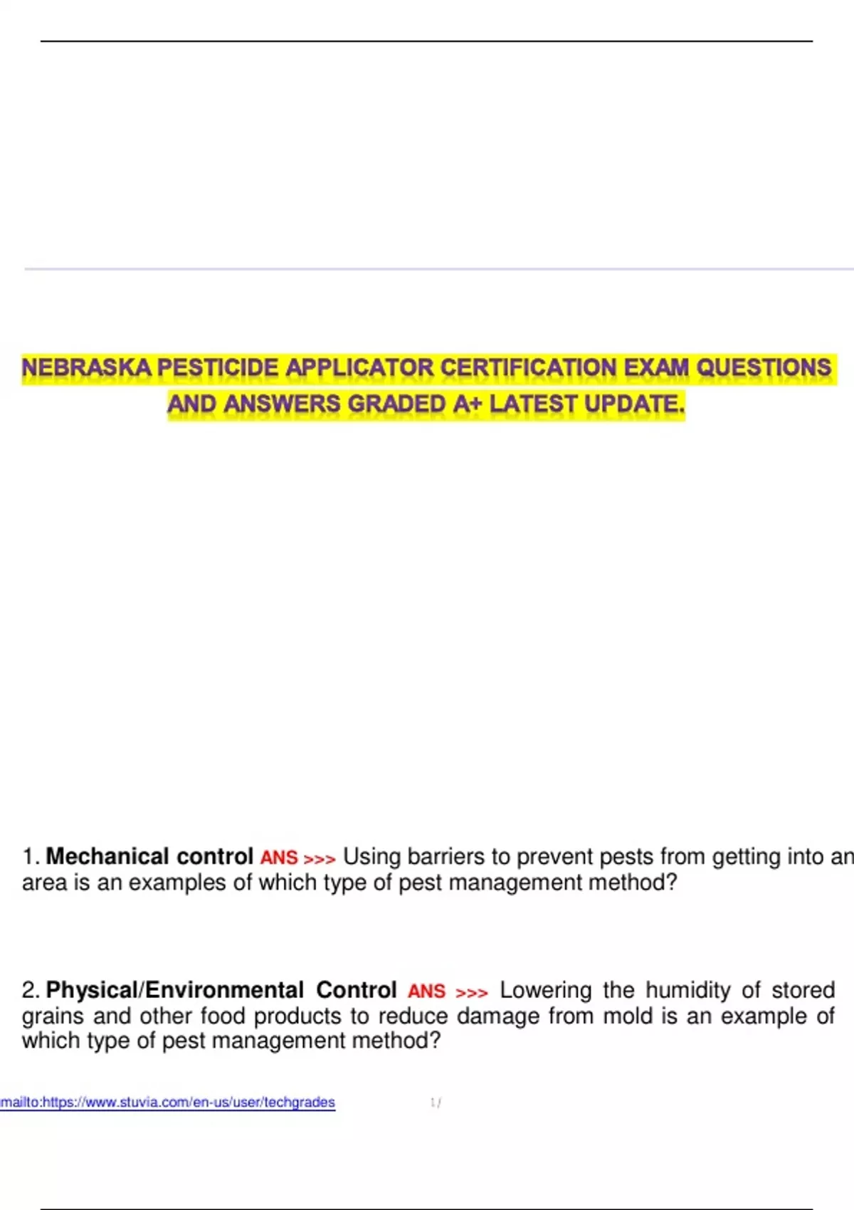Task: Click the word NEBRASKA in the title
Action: click(x=86, y=368)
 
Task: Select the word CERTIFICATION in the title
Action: click(x=529, y=368)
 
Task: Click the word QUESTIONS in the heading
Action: click(x=764, y=368)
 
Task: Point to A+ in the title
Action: click(x=468, y=404)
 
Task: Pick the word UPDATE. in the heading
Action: click(x=634, y=404)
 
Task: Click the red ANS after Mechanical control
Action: click(x=279, y=858)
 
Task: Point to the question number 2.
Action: click(x=31, y=990)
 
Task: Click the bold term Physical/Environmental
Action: click(x=175, y=990)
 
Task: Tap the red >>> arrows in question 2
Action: click(x=472, y=992)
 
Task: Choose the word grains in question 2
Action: click(x=53, y=1016)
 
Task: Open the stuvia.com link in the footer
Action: click(x=168, y=1103)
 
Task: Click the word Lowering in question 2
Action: click(x=546, y=990)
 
